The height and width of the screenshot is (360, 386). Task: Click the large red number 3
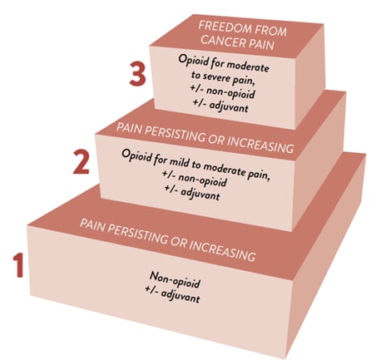click(x=137, y=74)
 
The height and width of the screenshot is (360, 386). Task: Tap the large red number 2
click(x=82, y=162)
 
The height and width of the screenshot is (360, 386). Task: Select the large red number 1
click(x=18, y=265)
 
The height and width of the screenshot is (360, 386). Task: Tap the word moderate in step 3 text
click(x=248, y=67)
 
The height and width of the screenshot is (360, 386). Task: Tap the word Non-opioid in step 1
click(x=175, y=279)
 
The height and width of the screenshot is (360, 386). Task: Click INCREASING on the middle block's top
click(x=260, y=144)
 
